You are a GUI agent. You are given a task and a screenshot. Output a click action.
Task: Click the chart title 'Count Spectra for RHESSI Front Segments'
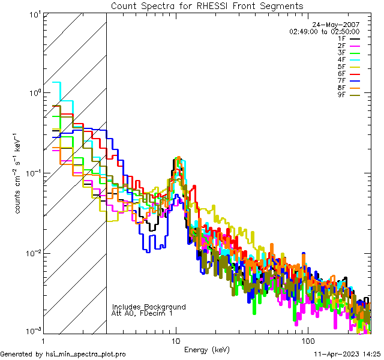[207, 6]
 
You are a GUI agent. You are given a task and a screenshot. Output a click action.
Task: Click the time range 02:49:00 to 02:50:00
[324, 31]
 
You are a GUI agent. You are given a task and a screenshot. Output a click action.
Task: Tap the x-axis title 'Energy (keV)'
[207, 349]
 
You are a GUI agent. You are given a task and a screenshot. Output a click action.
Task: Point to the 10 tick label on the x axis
[176, 340]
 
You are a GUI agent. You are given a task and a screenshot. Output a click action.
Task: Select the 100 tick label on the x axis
[307, 340]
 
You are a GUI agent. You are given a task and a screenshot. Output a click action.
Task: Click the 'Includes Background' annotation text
[149, 307]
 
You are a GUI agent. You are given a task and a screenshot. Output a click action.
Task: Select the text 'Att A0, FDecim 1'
[142, 313]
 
